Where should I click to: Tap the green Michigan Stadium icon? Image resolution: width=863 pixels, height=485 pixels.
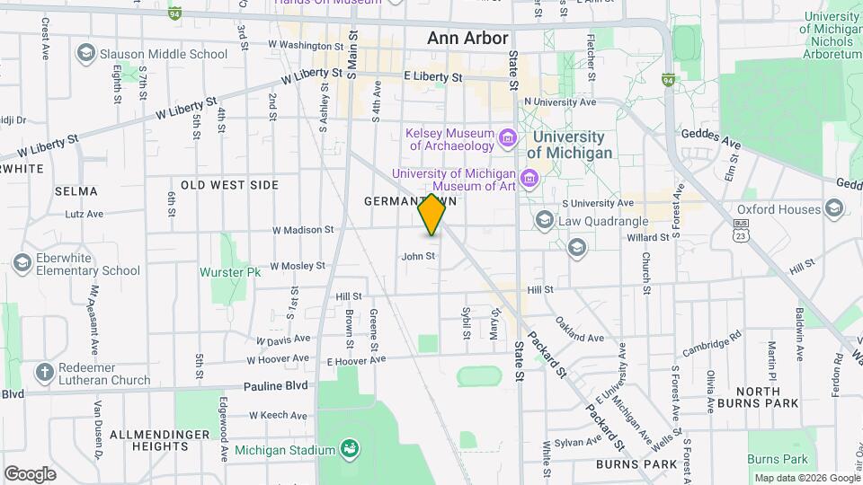click(x=351, y=449)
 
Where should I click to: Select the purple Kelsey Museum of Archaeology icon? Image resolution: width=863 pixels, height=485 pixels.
click(x=508, y=138)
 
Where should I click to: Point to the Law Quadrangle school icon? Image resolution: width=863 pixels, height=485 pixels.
click(x=543, y=220)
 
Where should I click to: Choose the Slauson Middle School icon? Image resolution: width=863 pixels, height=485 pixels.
click(x=85, y=54)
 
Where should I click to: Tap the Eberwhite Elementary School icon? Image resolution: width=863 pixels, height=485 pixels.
click(x=22, y=263)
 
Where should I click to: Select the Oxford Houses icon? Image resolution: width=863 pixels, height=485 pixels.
click(x=834, y=209)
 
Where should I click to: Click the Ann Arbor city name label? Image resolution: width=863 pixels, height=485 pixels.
click(x=467, y=39)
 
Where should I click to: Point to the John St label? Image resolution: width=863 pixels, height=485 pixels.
click(x=418, y=256)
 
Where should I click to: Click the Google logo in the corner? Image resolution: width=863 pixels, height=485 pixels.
click(x=30, y=474)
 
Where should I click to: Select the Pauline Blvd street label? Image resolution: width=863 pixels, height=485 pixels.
click(x=275, y=386)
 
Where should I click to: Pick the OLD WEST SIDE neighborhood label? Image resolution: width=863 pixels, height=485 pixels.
click(x=229, y=185)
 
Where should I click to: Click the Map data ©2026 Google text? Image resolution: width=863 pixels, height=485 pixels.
click(x=806, y=478)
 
